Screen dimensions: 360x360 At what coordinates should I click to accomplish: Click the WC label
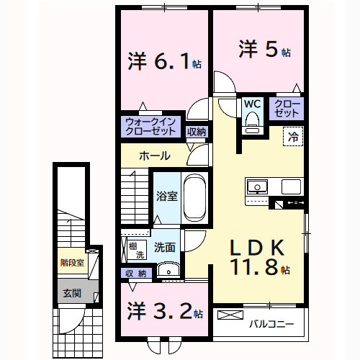click(x=251, y=104)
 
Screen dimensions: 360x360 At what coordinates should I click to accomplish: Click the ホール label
click(x=154, y=156)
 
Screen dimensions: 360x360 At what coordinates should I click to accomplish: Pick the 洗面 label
click(x=164, y=248)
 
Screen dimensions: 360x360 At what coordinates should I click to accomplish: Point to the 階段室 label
click(x=71, y=263)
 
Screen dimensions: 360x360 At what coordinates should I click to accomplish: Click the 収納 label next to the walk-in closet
click(x=196, y=132)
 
